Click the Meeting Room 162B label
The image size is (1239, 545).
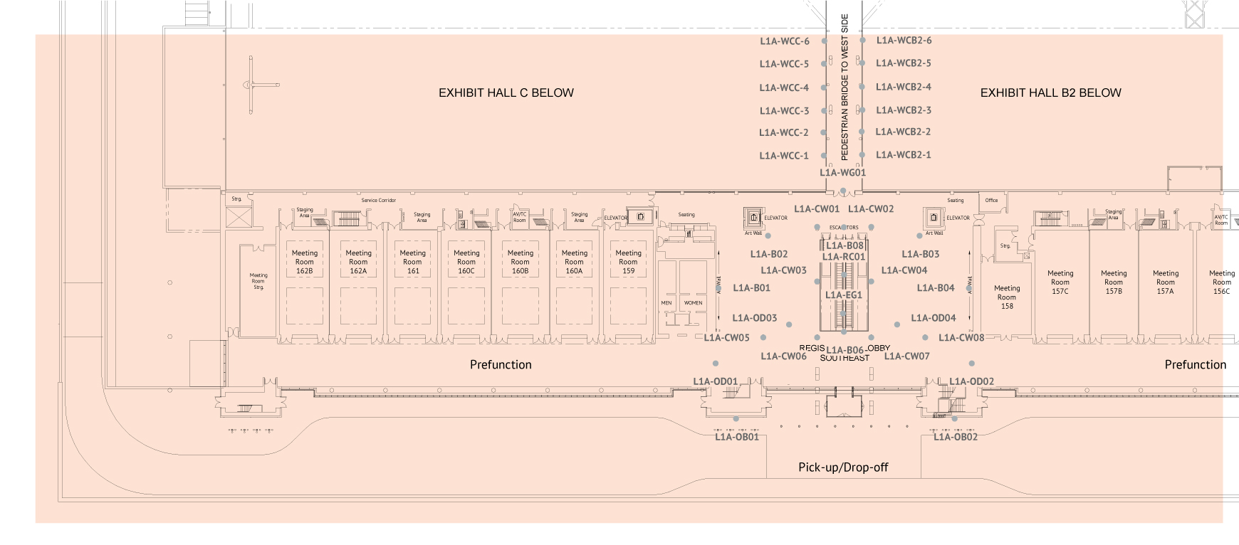tap(305, 262)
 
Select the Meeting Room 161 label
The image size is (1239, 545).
tap(413, 262)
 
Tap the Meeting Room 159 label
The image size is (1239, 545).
tap(628, 262)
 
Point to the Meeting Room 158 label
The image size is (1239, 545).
tap(1007, 297)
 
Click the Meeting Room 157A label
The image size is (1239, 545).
tap(1166, 282)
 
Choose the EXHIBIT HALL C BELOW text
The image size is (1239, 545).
tap(506, 92)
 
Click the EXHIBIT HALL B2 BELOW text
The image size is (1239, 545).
tap(1050, 92)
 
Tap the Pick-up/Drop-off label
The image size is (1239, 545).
tap(843, 467)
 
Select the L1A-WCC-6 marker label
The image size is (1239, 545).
tap(784, 41)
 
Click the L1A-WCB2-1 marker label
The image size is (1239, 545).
tap(904, 154)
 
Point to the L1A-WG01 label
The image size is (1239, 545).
tap(842, 172)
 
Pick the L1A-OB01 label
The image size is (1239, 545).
tap(737, 437)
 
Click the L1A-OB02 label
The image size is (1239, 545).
tap(956, 437)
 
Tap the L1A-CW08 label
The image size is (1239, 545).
tap(961, 338)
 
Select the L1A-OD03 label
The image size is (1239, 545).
tap(755, 318)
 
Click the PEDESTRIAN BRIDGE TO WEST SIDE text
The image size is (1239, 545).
tap(845, 87)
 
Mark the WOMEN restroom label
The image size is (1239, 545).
tap(693, 303)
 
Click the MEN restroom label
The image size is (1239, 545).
tap(666, 303)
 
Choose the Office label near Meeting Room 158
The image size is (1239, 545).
tap(991, 201)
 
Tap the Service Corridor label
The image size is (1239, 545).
tap(378, 201)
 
